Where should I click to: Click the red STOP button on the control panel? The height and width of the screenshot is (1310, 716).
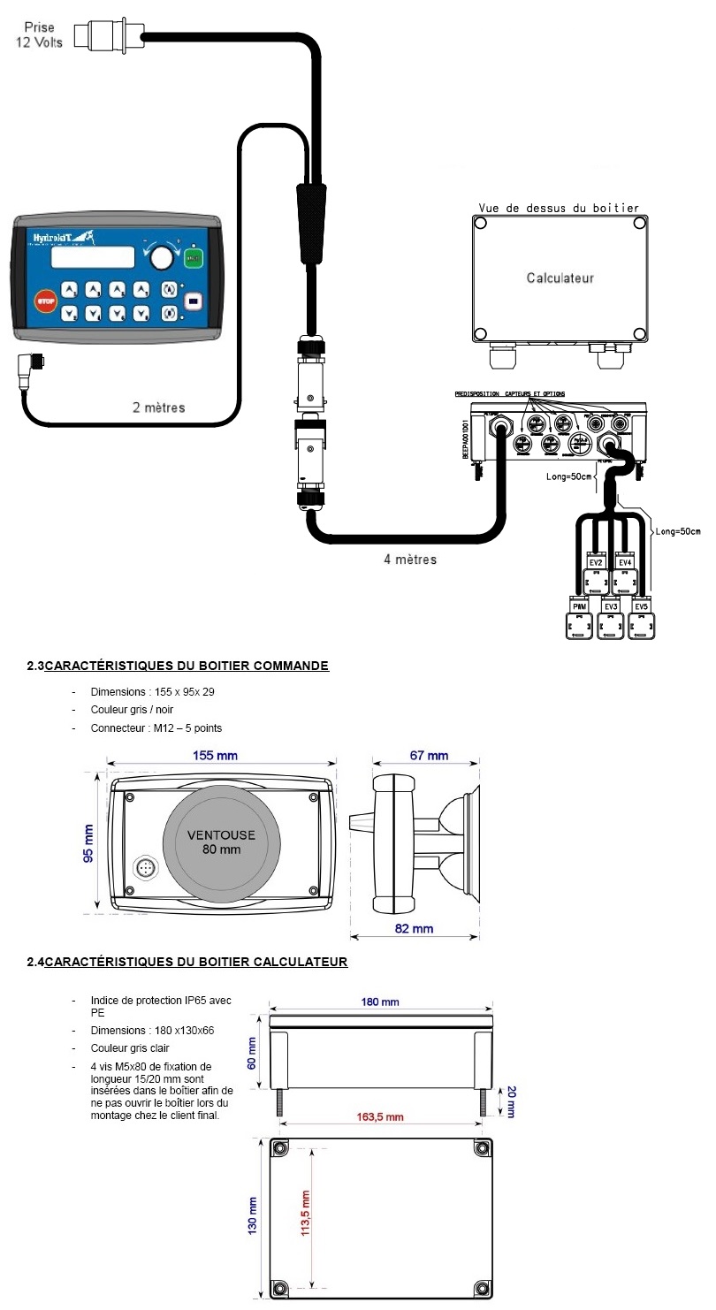click(x=44, y=302)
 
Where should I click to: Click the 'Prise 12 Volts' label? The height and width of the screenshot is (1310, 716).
click(x=39, y=35)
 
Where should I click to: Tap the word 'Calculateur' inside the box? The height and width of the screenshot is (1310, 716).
click(x=560, y=278)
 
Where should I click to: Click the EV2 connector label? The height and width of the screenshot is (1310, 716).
click(x=596, y=563)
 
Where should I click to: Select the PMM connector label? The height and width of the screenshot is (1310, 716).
click(x=580, y=607)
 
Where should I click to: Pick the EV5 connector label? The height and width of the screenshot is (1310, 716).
click(x=642, y=607)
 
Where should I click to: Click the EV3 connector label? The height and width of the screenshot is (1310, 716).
click(x=611, y=607)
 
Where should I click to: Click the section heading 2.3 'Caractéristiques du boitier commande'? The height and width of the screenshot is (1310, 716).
click(x=178, y=666)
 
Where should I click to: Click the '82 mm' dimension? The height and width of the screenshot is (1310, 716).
click(x=414, y=928)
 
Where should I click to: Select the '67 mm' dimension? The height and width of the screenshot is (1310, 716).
click(x=428, y=756)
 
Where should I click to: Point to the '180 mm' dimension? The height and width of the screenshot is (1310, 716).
click(x=380, y=1002)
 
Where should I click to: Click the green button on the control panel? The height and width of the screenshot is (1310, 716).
click(x=193, y=258)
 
